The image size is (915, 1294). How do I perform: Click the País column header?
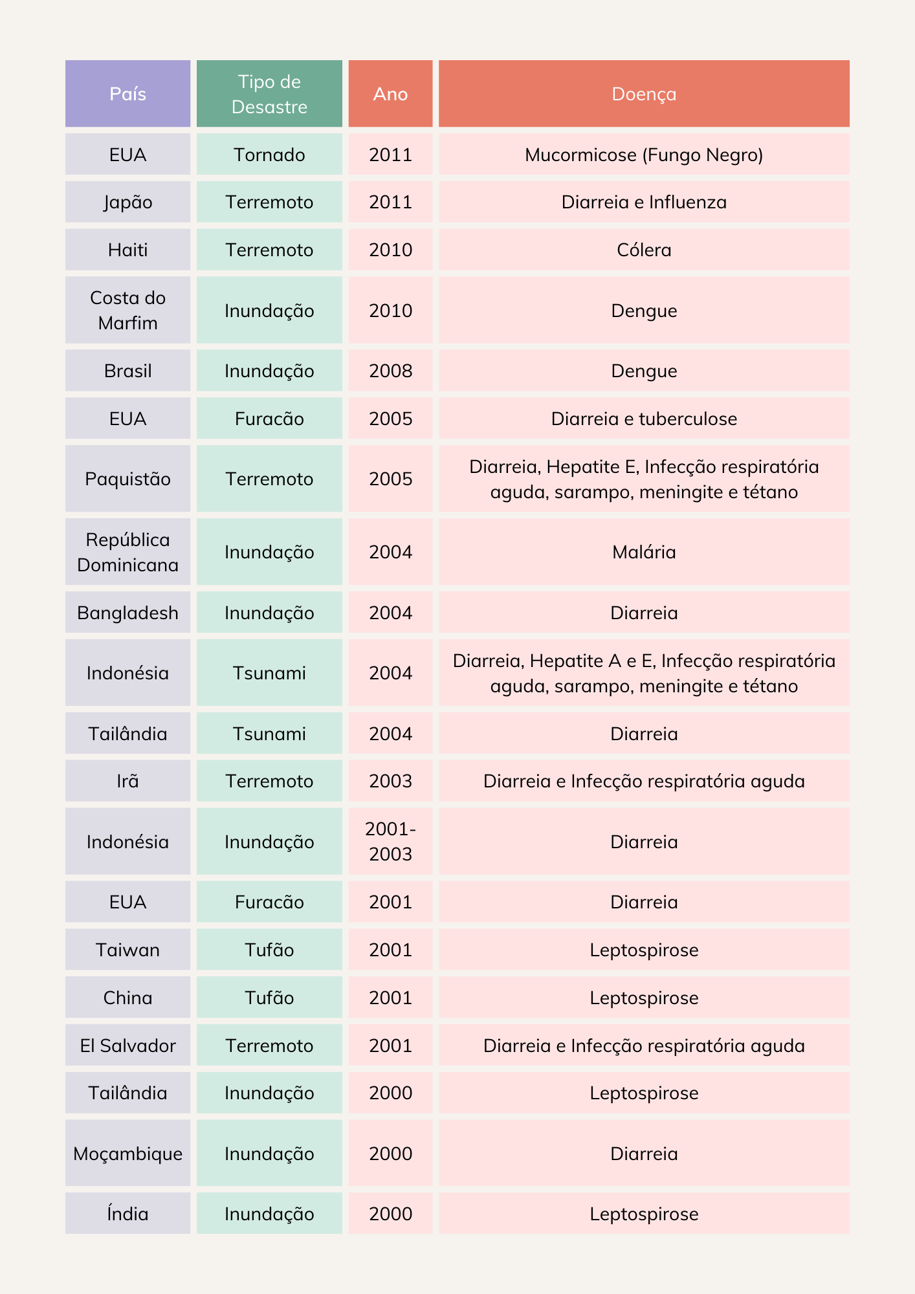point(127,94)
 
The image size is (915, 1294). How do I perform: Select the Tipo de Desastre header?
point(269,94)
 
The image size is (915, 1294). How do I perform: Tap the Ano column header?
point(390,94)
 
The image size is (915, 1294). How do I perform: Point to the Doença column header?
point(644,94)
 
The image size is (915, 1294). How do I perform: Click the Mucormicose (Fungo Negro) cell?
point(644,155)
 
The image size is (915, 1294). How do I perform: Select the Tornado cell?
point(269,155)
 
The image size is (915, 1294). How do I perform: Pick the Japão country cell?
point(127,202)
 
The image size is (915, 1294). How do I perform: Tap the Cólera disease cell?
point(644,250)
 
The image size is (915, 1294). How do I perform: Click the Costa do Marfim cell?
point(127,310)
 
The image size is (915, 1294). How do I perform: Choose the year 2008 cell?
point(390,371)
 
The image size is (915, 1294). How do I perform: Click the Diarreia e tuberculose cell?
point(644,419)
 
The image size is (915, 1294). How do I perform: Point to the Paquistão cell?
point(127,479)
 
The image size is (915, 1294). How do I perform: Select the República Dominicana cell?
point(127,552)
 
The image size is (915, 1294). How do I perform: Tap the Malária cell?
point(644,552)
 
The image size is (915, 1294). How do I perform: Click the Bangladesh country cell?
point(127,612)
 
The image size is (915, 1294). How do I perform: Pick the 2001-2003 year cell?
point(390,841)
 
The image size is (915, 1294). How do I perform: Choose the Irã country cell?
point(127,781)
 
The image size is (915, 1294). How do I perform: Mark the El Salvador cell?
point(127,1045)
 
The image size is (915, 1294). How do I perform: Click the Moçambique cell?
point(127,1153)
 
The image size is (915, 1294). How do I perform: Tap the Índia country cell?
point(127,1213)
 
